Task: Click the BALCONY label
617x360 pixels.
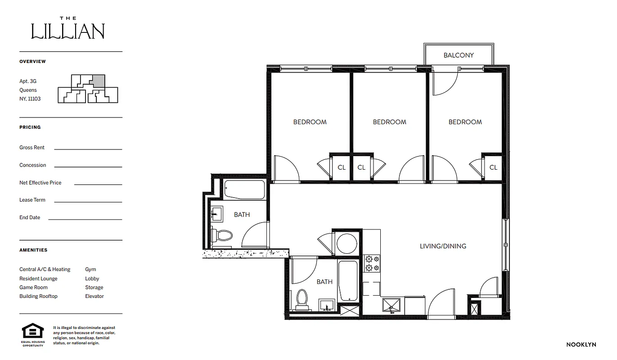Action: tap(458, 55)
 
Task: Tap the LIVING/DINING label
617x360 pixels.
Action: tap(443, 246)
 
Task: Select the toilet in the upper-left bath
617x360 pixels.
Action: tap(222, 235)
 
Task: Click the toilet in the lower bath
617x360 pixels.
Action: tap(302, 299)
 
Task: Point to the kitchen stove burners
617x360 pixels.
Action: tap(372, 263)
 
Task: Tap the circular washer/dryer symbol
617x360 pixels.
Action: tap(347, 243)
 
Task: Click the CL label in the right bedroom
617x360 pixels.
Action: tap(493, 167)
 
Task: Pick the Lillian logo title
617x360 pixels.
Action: tap(68, 29)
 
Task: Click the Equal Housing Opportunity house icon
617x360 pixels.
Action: tap(33, 331)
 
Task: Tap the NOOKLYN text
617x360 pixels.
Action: tap(581, 345)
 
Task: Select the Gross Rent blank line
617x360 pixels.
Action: tap(88, 148)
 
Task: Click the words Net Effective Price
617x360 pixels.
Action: tap(41, 183)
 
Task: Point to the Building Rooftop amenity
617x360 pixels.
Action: tap(38, 296)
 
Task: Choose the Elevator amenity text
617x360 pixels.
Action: tap(95, 296)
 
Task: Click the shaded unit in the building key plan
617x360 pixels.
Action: tap(99, 81)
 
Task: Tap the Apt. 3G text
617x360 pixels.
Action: tap(28, 81)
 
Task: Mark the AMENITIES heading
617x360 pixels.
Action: tap(33, 250)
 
